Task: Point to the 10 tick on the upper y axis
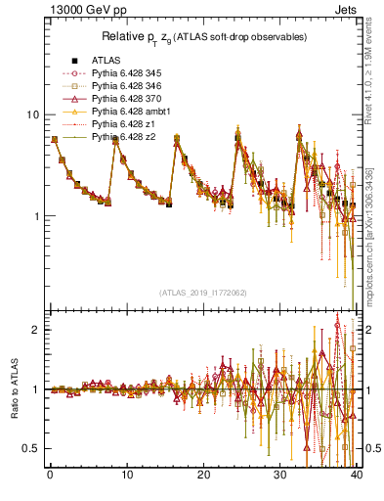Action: pyautogui.click(x=32, y=114)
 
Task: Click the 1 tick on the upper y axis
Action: pyautogui.click(x=35, y=216)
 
